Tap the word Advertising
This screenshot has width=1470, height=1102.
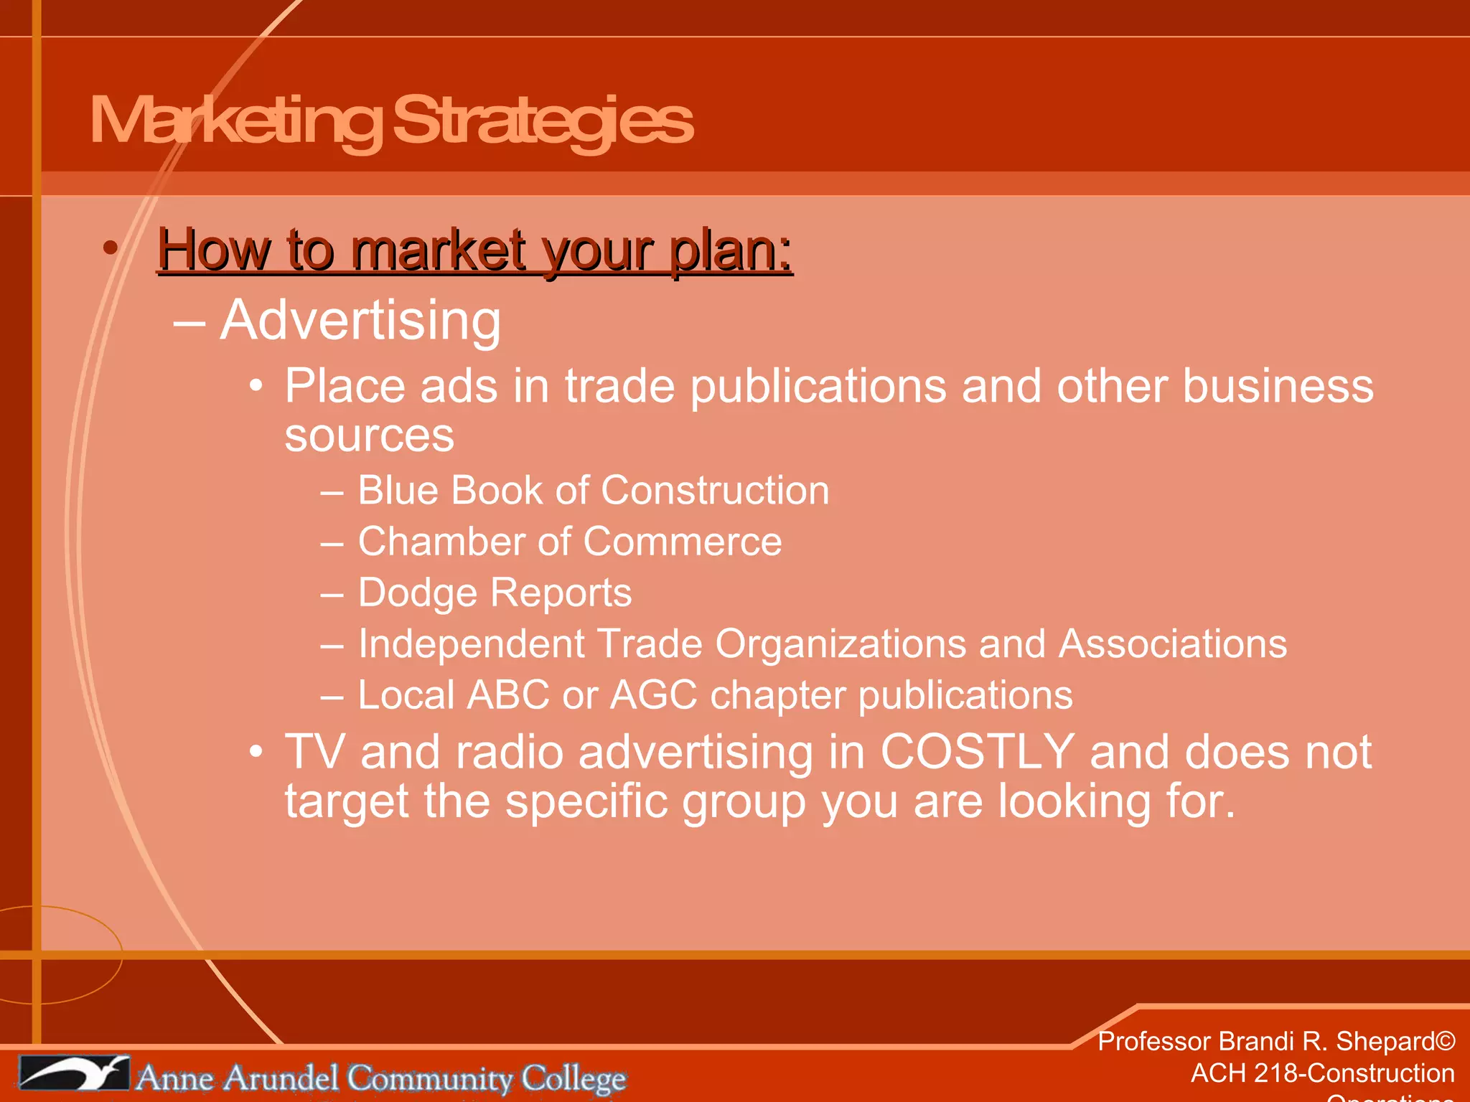tap(360, 320)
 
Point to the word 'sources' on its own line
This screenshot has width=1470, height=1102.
tap(369, 435)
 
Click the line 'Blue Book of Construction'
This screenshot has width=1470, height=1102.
tap(593, 491)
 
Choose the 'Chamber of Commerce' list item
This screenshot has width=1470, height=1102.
tap(569, 542)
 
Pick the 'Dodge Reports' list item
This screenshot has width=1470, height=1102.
tap(495, 593)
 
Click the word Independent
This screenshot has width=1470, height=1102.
tap(471, 644)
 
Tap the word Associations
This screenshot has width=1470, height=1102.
tap(1173, 644)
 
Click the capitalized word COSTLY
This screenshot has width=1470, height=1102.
tap(977, 752)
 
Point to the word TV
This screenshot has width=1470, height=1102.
tap(314, 752)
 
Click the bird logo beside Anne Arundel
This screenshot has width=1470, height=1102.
tap(73, 1074)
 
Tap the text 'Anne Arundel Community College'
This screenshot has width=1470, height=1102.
tap(380, 1078)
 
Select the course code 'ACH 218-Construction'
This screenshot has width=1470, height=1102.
tap(1322, 1073)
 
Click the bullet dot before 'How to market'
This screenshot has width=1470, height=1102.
tap(110, 248)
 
